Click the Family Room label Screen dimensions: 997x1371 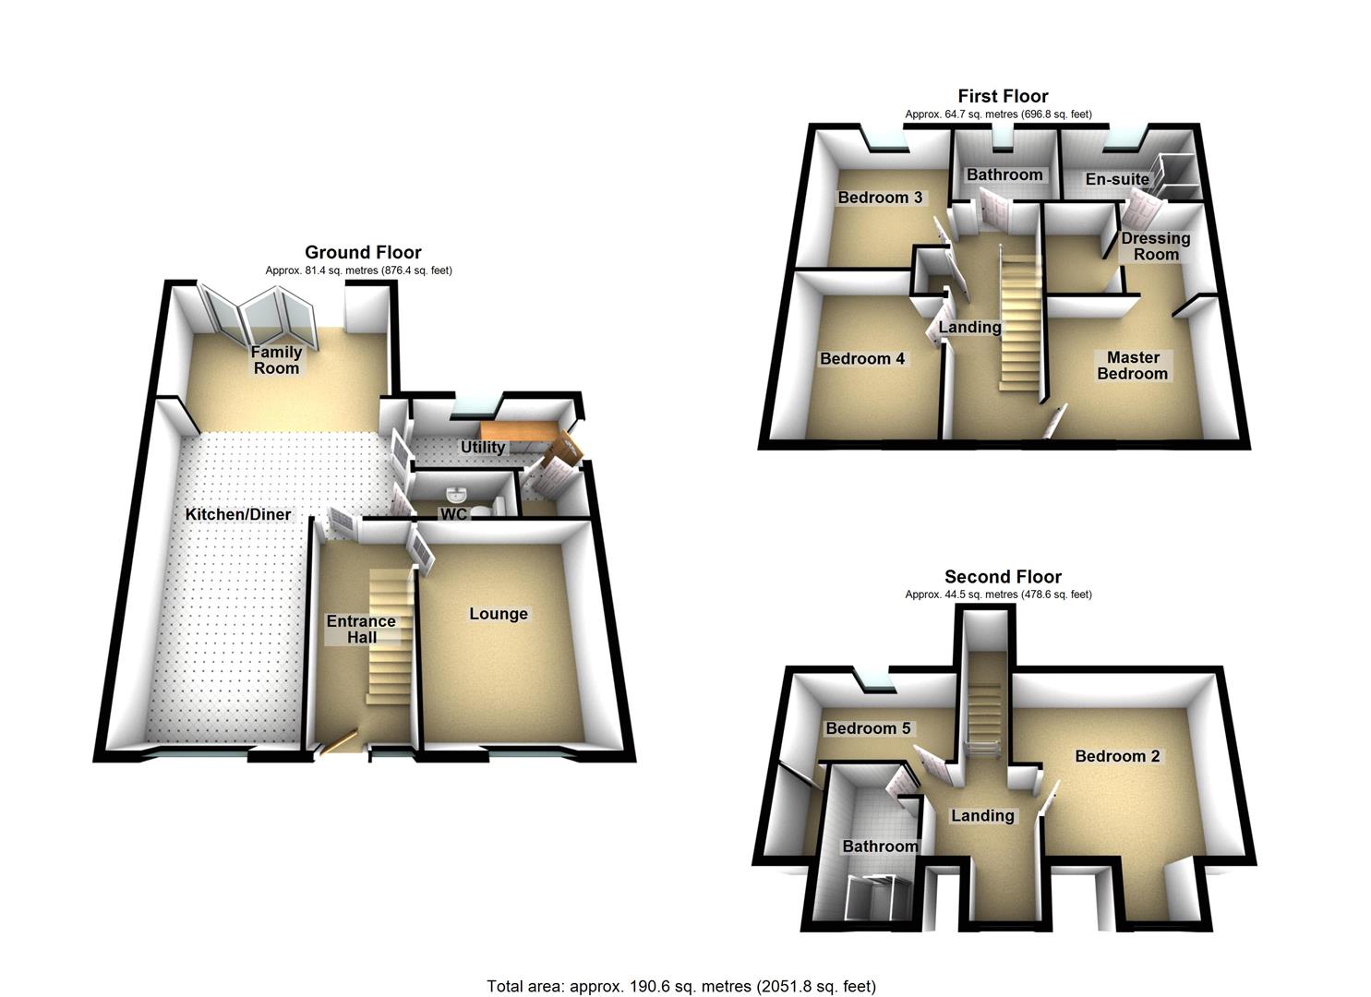coord(277,360)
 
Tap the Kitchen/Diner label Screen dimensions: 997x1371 coord(238,514)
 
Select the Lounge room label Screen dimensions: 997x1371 coord(499,614)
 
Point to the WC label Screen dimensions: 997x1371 coord(453,514)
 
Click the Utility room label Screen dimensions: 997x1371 coord(483,448)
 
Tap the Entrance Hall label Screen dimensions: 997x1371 coord(361,629)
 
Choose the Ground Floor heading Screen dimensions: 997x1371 coord(363,252)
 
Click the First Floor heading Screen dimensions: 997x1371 coord(1003,96)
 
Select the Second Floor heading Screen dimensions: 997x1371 coord(1003,577)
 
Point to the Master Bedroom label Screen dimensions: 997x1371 coord(1133,366)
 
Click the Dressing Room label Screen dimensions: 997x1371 coord(1155,246)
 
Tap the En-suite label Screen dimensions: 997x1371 coord(1117,179)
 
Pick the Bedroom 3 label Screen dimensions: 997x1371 coord(880,198)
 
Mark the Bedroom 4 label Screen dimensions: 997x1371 coord(862,358)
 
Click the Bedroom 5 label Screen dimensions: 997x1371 coord(868,728)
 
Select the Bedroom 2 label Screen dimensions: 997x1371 coord(1117,756)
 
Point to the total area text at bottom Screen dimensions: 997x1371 coord(681,986)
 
